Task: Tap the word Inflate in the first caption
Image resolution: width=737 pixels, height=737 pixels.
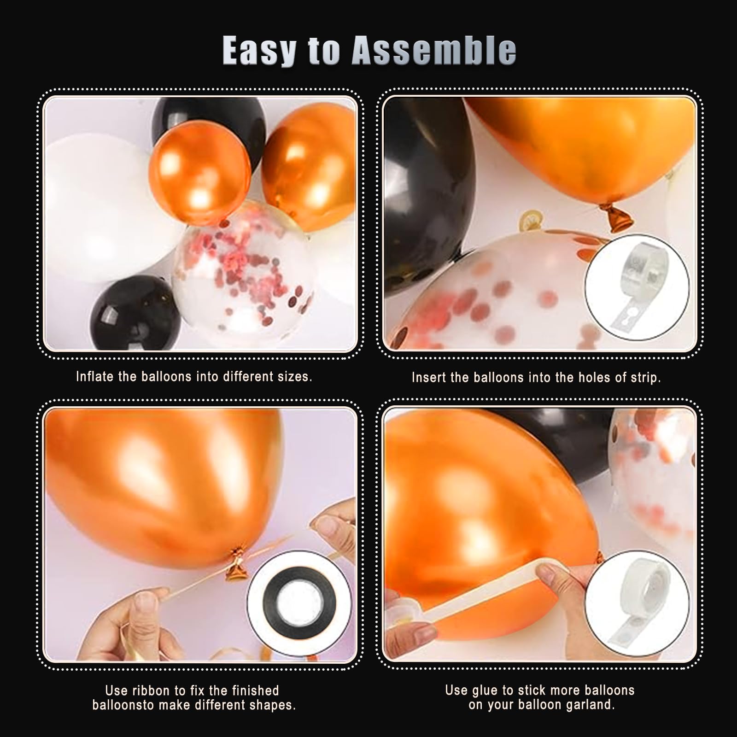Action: coord(94,376)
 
